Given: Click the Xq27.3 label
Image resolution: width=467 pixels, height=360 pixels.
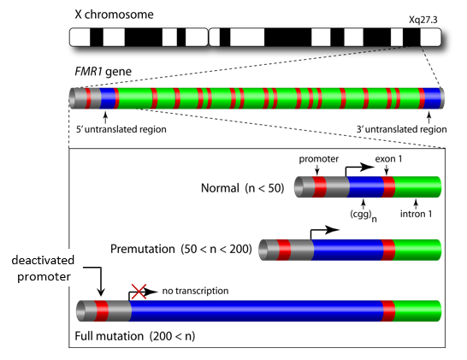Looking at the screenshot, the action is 423,20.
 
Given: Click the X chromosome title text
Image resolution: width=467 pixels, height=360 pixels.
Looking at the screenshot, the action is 114,15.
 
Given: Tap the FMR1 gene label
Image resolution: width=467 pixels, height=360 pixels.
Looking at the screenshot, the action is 103,72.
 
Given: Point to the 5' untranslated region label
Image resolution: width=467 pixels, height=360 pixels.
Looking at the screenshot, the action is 121,129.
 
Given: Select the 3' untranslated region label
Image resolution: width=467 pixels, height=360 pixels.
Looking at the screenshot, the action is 402,129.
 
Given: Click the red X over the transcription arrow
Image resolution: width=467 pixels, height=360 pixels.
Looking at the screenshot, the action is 139,292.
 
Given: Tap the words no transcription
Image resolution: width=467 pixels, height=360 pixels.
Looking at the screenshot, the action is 195,291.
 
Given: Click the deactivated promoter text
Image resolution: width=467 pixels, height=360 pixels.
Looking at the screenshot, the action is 43,269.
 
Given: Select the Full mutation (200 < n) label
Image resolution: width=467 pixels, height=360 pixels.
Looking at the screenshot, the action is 135,336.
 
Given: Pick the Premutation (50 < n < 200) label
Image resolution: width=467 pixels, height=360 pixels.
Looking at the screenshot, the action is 181,249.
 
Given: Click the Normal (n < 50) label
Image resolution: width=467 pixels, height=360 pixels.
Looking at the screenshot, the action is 242,188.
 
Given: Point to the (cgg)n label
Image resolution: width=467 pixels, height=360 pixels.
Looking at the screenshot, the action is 363,215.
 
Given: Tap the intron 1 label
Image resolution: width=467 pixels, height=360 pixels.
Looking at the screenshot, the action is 416,214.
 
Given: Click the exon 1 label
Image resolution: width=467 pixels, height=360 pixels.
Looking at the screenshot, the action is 388,159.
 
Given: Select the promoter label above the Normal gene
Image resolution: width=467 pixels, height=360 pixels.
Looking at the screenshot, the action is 319,159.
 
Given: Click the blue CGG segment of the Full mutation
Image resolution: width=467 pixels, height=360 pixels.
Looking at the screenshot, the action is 256,311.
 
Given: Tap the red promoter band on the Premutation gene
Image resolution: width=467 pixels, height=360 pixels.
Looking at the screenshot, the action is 284,250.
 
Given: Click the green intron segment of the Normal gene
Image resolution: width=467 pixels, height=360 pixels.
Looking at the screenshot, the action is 417,186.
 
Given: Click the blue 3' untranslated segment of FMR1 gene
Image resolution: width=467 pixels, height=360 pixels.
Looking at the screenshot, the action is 432,98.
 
